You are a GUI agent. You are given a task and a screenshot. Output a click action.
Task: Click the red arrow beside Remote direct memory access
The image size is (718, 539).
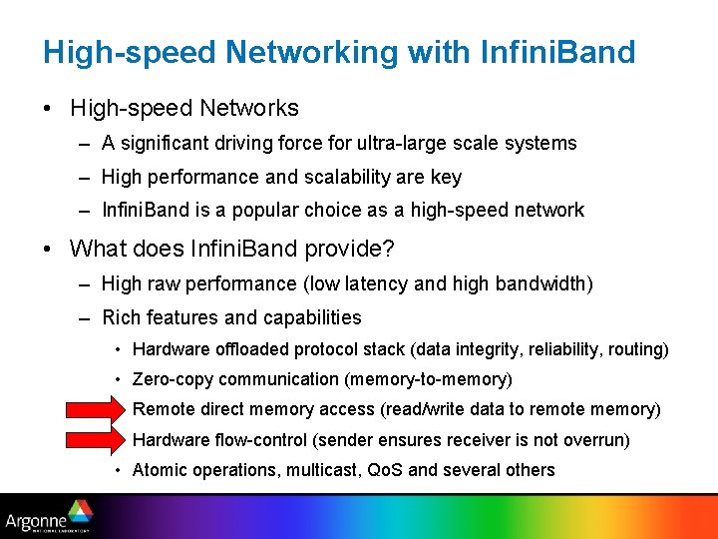[92, 410]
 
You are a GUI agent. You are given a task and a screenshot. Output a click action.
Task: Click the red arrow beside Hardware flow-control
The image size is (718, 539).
[92, 440]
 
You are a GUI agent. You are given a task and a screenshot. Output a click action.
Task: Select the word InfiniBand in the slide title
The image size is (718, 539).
[555, 52]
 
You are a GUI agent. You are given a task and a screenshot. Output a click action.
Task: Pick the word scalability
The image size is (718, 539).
[329, 177]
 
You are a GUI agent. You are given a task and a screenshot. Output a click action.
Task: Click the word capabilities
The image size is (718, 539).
[312, 317]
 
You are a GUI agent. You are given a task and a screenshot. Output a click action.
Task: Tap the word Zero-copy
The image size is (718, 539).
[174, 379]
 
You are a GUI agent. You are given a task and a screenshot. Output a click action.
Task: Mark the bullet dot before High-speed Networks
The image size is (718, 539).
[49, 108]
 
